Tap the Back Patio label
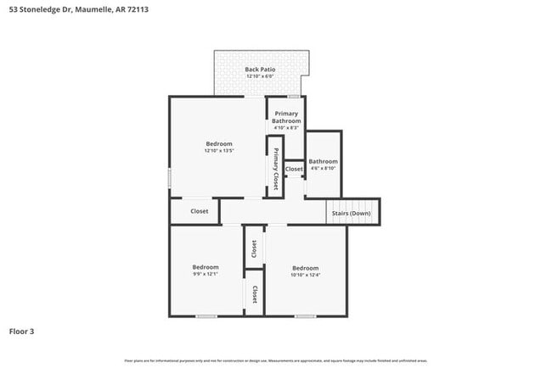[x=259, y=69]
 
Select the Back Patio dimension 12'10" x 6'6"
[x=259, y=76]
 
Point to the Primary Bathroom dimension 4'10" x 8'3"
[x=287, y=128]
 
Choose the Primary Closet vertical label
[x=275, y=168]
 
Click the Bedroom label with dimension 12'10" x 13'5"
[x=218, y=144]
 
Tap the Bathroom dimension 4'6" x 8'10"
[x=323, y=169]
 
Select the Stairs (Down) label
[x=350, y=213]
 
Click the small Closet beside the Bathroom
[x=294, y=170]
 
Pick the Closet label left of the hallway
[x=199, y=211]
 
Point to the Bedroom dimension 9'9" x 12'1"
[x=206, y=275]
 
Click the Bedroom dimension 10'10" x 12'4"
[x=305, y=275]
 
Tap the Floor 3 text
[x=23, y=332]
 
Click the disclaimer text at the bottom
[x=276, y=361]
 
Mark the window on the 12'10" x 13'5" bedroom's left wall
[x=170, y=178]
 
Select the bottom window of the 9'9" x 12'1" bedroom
[x=206, y=316]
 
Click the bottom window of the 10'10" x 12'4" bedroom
[x=306, y=316]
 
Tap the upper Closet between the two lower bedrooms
[x=253, y=248]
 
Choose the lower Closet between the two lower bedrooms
[x=253, y=293]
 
